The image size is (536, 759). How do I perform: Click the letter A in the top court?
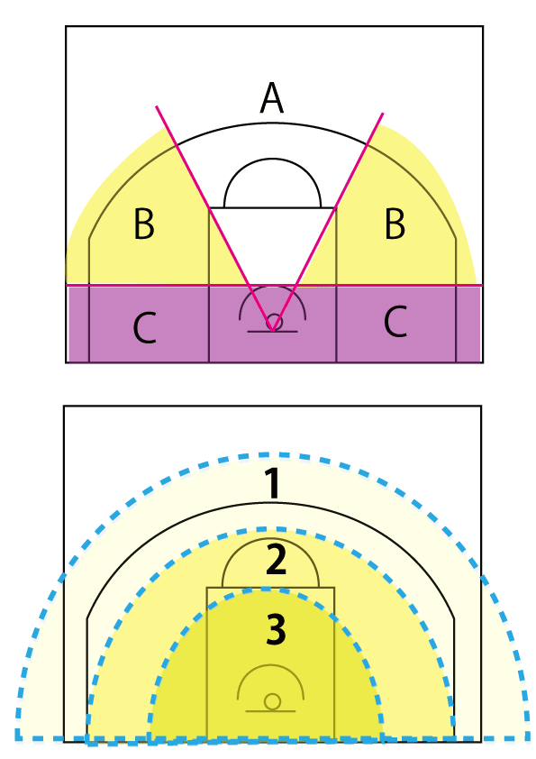(271, 97)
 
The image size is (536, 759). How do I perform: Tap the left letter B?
(144, 224)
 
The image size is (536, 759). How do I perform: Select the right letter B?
(395, 224)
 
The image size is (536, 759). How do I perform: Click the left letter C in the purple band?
(144, 328)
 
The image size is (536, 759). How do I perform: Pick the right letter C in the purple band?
(395, 322)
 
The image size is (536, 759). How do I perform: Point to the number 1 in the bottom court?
(273, 483)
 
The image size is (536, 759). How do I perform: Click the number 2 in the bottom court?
(276, 559)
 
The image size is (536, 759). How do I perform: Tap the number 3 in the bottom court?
(276, 629)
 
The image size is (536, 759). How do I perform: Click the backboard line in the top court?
(272, 332)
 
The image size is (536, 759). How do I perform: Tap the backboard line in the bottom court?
(270, 711)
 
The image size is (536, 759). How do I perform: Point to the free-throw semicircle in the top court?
(272, 159)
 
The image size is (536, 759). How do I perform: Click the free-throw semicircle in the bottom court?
(270, 538)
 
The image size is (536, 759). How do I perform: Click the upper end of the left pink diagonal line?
(156, 106)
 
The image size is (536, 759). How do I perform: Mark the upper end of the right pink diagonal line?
(383, 114)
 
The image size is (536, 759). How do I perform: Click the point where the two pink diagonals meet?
(273, 331)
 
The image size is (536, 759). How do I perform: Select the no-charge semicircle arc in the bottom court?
(270, 665)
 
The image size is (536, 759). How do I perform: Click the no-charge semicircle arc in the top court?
(272, 286)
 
